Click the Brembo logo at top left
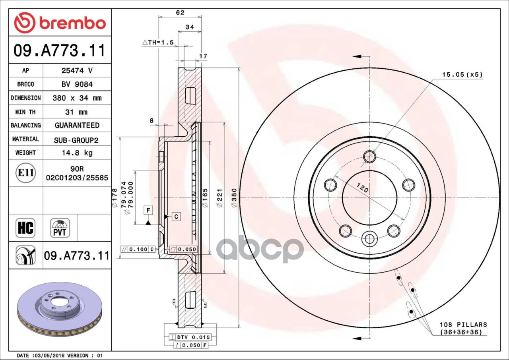tap(60, 23)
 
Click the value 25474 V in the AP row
tap(77, 71)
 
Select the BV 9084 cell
tap(77, 85)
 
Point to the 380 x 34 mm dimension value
tap(77, 98)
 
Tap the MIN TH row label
tap(25, 112)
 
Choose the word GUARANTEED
tap(77, 125)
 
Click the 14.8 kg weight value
tap(77, 153)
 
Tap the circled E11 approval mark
tap(26, 173)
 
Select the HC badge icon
tap(25, 228)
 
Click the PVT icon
tap(60, 228)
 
